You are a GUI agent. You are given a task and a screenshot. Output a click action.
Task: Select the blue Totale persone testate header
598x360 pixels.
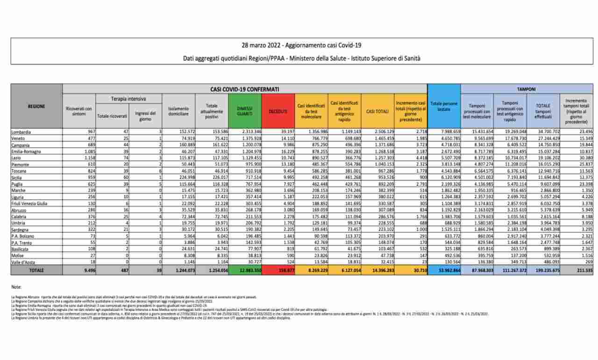[444, 106]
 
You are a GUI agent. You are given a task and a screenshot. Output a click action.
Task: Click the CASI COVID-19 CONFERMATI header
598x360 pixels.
[245, 88]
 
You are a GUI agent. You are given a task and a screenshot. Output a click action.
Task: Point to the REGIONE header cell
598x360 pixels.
[36, 106]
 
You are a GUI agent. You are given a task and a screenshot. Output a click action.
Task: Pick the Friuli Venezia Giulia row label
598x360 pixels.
[31, 203]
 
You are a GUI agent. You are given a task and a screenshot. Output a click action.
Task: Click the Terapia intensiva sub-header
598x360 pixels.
[128, 99]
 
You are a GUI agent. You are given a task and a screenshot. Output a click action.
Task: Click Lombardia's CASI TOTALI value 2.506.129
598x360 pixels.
[378, 132]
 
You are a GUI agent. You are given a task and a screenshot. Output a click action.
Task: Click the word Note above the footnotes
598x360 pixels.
[16, 286]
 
